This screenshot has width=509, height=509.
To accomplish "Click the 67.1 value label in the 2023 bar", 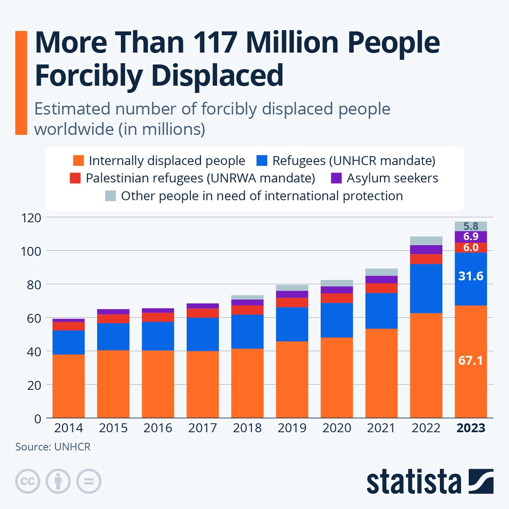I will [x=470, y=361].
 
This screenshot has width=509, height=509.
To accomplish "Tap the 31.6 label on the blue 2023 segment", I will [x=470, y=276].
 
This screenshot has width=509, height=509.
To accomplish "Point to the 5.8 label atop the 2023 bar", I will [x=470, y=226].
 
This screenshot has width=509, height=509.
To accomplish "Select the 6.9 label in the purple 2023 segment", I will [x=470, y=237].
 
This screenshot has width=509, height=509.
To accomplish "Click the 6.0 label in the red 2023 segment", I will [x=470, y=247].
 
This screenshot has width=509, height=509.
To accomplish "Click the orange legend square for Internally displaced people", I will [x=78, y=161].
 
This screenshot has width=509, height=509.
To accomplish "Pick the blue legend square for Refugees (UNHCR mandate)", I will [x=262, y=161].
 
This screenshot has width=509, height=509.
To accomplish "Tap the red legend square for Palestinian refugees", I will [x=75, y=178].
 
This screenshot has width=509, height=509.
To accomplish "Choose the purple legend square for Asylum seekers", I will [x=336, y=178].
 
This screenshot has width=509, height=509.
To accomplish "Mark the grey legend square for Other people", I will [x=110, y=196].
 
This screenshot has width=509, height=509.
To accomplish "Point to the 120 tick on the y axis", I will [x=31, y=218].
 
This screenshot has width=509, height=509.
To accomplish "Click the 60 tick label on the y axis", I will [x=34, y=318].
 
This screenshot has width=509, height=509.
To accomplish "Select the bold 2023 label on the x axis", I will [x=470, y=428].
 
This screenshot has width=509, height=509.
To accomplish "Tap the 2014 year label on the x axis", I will [x=68, y=428].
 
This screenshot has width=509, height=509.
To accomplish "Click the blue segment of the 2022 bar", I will [x=426, y=288].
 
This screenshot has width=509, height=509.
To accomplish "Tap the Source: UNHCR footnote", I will [x=53, y=447].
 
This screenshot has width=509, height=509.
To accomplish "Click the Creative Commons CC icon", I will [x=28, y=481].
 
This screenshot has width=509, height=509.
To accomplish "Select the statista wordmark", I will [x=414, y=482].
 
